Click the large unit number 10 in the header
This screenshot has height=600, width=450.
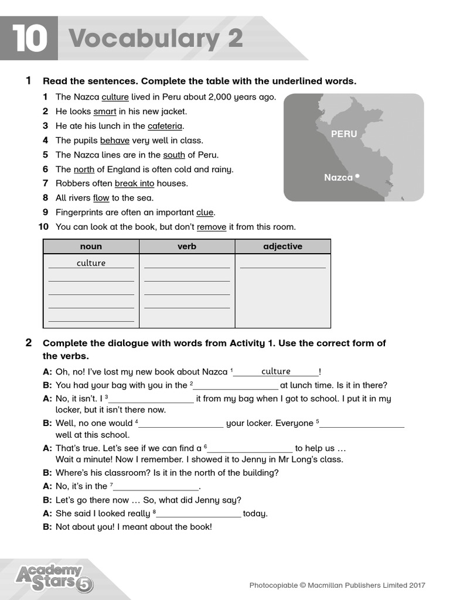(29, 39)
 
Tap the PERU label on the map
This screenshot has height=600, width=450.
(343, 134)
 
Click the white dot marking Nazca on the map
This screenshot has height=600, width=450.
(357, 175)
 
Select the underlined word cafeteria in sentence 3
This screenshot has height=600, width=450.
(165, 126)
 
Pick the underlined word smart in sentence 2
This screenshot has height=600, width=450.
(104, 111)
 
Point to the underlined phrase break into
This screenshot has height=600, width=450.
(134, 183)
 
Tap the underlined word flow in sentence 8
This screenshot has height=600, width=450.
(101, 198)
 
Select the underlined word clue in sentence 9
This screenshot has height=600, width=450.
(204, 213)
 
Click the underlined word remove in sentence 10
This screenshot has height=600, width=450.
(211, 227)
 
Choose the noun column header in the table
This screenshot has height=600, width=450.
(91, 247)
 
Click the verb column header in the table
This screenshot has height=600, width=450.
(187, 247)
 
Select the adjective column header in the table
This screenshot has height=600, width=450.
(282, 247)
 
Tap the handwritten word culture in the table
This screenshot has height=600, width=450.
(91, 263)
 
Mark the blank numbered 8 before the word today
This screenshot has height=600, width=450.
(199, 514)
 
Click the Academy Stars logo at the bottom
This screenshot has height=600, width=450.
(53, 577)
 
